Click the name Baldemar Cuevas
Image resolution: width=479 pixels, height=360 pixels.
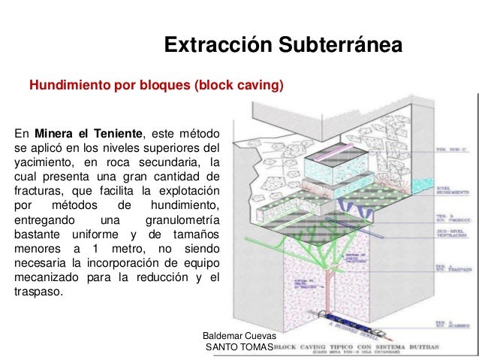235,335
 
